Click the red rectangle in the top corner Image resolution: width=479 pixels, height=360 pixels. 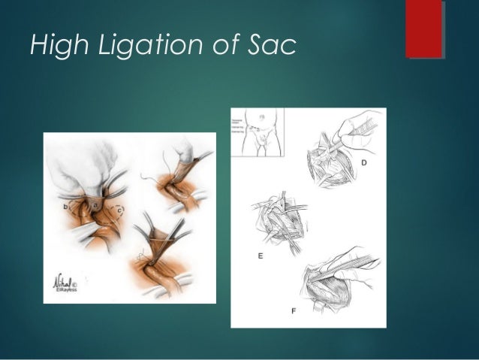pyautogui.click(x=424, y=29)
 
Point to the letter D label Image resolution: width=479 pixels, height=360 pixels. pyautogui.click(x=363, y=162)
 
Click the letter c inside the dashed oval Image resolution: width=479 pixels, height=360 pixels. pyautogui.click(x=121, y=210)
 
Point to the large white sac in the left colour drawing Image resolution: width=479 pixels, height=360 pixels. pyautogui.click(x=86, y=165)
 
